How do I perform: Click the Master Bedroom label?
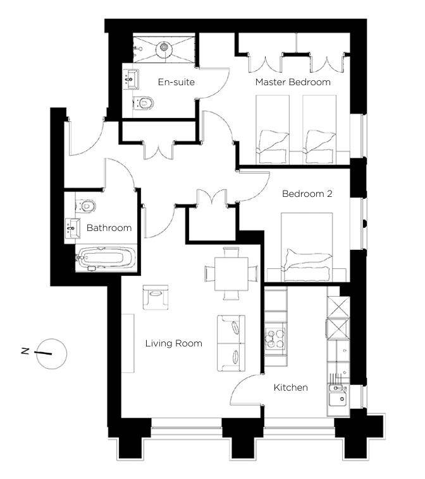coord(293,82)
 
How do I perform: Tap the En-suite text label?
coord(176,82)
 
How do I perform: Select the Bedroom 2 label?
coord(307,194)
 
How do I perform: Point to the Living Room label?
coord(174,343)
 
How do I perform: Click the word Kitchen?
coord(290,387)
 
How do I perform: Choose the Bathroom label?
coord(109,228)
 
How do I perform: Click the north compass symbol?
coord(51,354)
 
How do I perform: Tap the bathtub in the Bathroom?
coord(106,258)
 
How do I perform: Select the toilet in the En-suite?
coord(144,103)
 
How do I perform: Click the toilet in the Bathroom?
coord(86,206)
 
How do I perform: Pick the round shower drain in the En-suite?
coord(164,47)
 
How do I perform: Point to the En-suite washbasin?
coord(132,79)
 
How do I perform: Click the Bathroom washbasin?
coord(73,228)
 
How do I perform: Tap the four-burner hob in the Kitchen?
coord(275,338)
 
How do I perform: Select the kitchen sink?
coord(338,395)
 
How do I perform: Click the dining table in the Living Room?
coord(231,274)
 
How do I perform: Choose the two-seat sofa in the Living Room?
coord(231,343)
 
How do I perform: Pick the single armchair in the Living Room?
coord(156,297)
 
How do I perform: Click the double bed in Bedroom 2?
coord(307,247)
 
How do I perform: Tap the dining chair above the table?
coord(231,252)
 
